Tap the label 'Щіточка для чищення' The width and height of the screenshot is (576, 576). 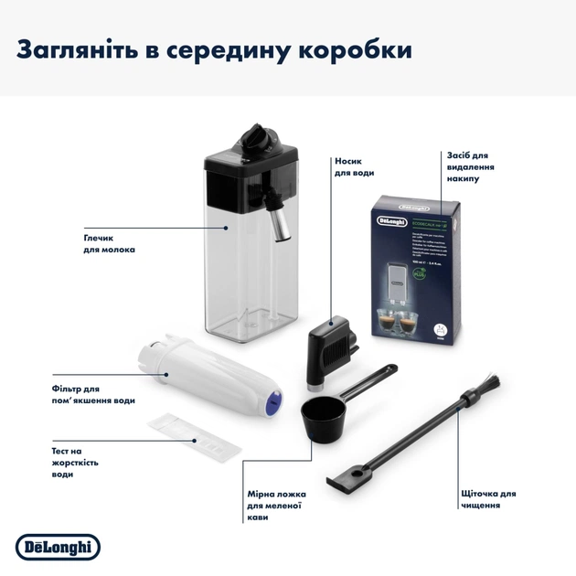pyautogui.click(x=488, y=499)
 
